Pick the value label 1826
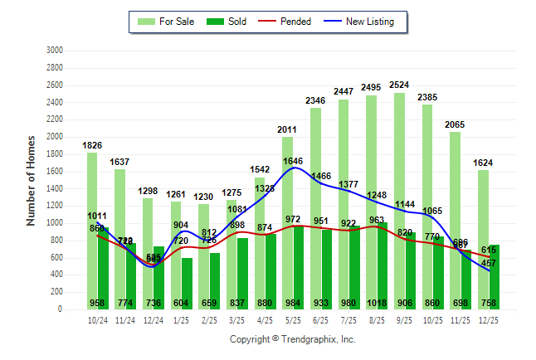pos(92,146)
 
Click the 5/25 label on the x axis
pos(294,319)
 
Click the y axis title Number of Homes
pos(32,180)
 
